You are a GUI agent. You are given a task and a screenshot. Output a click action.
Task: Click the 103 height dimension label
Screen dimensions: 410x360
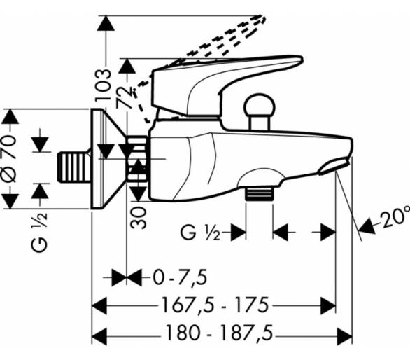[x=103, y=85]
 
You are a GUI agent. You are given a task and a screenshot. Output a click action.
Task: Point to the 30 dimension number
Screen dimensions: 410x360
[x=139, y=218]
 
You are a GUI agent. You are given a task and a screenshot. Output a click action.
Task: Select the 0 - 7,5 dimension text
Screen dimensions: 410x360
[x=180, y=277]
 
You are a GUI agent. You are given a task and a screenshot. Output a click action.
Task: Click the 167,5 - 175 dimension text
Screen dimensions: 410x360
[x=215, y=305]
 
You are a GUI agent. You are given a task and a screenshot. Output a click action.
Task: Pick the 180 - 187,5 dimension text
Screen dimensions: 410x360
[x=219, y=333]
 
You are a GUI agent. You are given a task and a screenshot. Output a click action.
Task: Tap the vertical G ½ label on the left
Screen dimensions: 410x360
[x=39, y=233]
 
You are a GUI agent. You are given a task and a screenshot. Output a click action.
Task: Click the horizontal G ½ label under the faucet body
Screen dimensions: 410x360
[x=200, y=232]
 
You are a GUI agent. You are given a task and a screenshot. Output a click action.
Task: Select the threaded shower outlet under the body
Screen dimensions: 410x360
[x=259, y=194]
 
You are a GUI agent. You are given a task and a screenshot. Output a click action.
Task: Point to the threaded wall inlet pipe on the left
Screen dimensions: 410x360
[x=73, y=167]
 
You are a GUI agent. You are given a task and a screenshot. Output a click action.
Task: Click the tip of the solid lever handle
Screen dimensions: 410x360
[x=302, y=59]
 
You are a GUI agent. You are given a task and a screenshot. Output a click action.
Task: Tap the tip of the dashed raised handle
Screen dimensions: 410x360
[x=264, y=18]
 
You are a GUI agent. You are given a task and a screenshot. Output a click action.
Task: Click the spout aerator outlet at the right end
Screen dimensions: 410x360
[x=334, y=167]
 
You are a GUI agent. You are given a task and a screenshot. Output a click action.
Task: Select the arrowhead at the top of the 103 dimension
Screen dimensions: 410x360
[x=106, y=24]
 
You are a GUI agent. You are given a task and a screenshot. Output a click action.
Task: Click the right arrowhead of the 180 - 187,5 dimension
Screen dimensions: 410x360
[x=344, y=336]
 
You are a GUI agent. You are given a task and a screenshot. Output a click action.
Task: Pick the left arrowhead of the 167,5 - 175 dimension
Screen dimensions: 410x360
[x=99, y=305]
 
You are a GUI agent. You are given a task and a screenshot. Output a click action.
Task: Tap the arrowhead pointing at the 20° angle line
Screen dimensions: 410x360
[x=367, y=226]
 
